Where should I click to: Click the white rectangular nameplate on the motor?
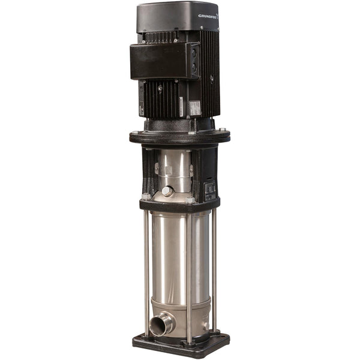pos(195,108)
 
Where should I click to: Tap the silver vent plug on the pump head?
pos(167,191)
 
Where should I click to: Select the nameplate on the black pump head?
pos(210,191)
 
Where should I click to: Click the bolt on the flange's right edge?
pos(223,130)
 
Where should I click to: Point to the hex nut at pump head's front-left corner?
pos(146,196)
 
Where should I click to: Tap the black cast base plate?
pos(180,347)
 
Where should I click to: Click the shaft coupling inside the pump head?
pos(173,169)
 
